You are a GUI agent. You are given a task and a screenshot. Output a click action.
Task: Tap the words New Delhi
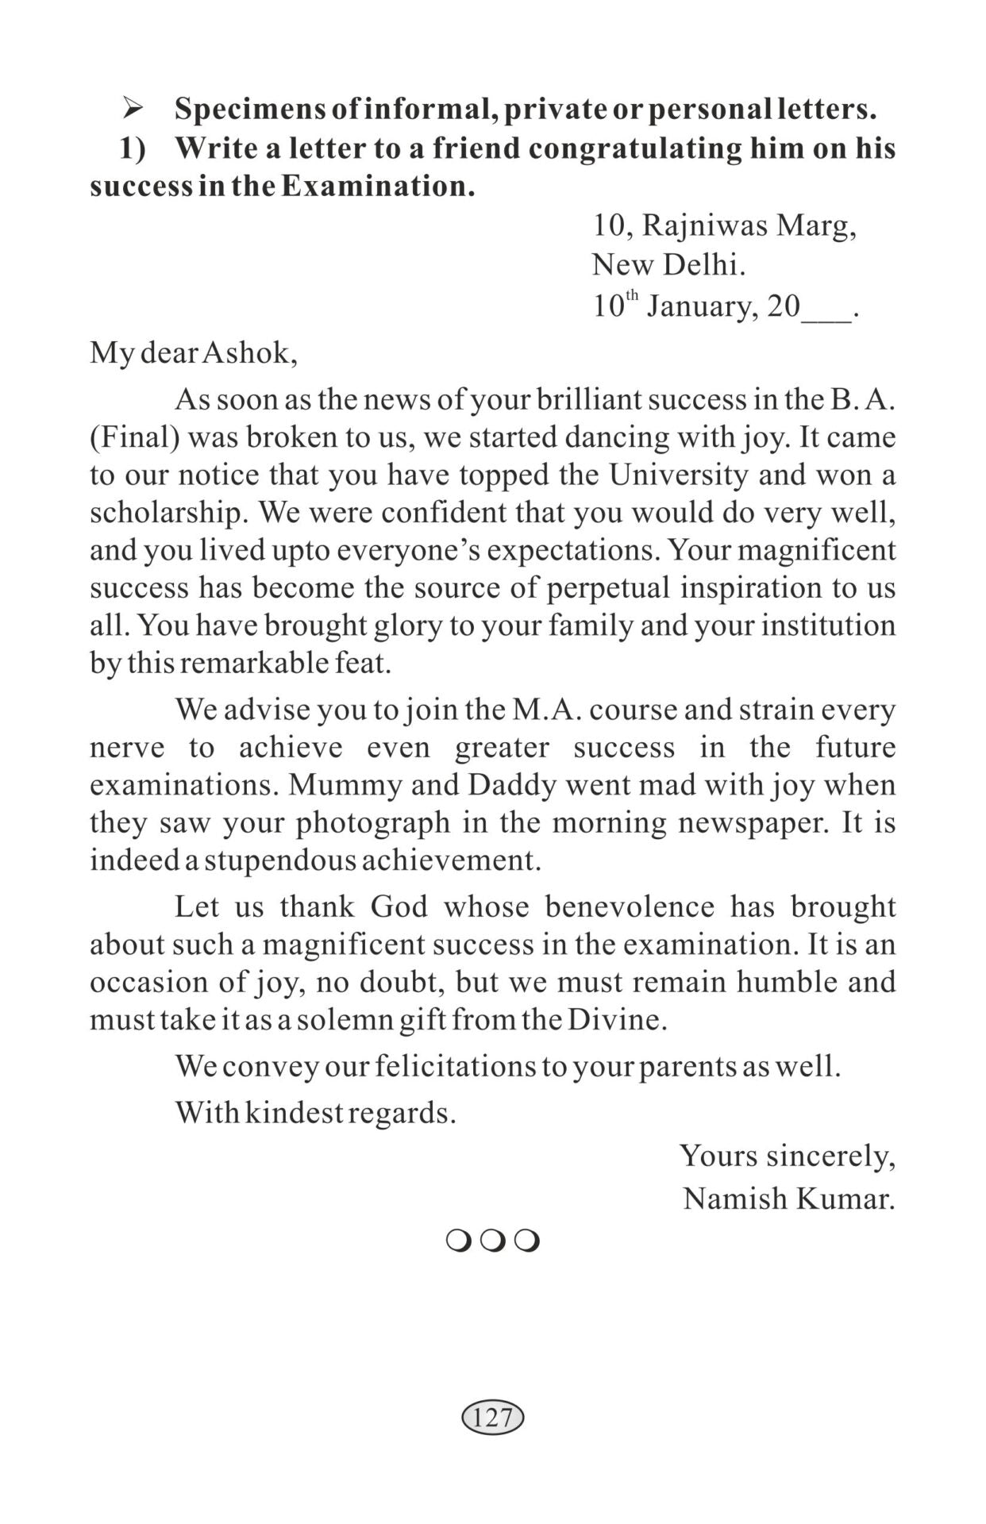tap(668, 264)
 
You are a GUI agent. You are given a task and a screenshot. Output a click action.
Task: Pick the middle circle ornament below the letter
tap(492, 1241)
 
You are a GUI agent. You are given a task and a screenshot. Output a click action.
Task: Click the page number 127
tap(492, 1417)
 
